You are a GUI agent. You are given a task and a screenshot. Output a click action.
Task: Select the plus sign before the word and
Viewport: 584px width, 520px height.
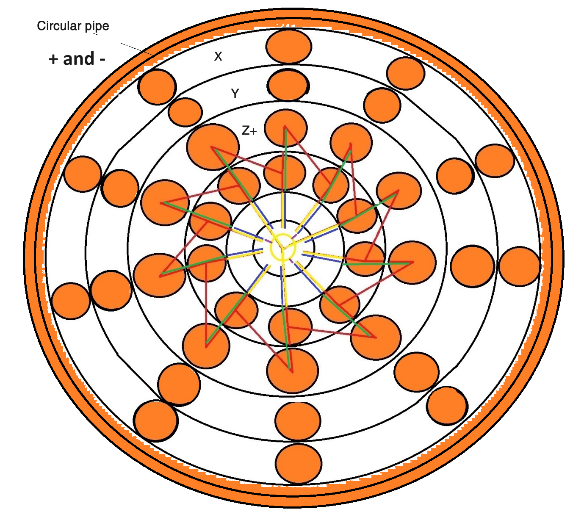coord(53,59)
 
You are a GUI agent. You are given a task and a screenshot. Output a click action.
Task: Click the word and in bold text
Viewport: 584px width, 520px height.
coord(79,58)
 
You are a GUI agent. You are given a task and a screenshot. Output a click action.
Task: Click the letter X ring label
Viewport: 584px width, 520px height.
coord(218,56)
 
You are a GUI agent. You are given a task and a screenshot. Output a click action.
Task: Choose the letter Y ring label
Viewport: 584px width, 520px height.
coord(235,94)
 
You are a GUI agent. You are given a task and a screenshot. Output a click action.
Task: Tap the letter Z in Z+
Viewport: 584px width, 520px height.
coord(246,131)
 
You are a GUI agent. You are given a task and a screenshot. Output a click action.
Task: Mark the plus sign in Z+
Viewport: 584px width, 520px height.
coord(253,131)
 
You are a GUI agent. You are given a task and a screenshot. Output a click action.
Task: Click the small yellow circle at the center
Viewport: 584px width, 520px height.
coord(282,248)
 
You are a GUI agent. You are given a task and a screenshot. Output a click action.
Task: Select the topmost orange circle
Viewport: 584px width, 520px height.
coord(289,46)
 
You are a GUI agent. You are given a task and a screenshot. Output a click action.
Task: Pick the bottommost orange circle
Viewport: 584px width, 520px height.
coord(299,463)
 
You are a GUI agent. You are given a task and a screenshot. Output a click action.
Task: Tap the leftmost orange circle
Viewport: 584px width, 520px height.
coord(71,301)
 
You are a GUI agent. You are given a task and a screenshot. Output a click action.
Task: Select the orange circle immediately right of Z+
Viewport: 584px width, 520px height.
coord(286,128)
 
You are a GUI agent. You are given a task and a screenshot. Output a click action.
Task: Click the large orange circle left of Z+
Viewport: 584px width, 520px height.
coord(213,147)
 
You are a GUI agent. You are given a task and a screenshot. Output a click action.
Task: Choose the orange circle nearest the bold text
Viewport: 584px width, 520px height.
coord(157,87)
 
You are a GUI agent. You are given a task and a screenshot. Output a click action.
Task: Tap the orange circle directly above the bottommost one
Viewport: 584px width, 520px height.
coord(298,421)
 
